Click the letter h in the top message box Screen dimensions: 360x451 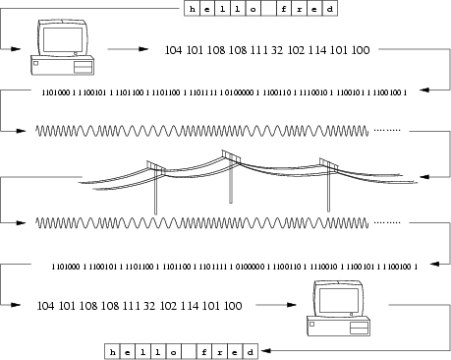click(x=192, y=10)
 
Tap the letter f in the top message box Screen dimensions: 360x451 click(x=286, y=10)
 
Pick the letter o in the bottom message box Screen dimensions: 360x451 click(x=174, y=350)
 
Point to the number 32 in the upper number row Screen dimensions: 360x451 click(x=282, y=47)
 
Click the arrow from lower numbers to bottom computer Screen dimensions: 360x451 click(x=279, y=306)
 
